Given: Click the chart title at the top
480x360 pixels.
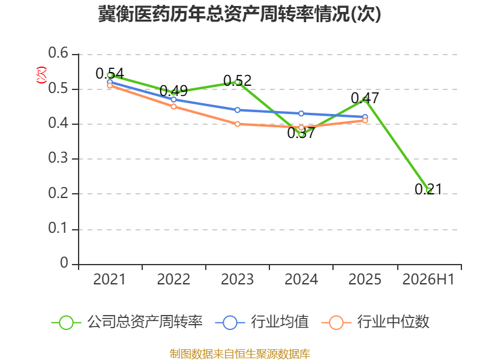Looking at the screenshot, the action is tap(239, 14).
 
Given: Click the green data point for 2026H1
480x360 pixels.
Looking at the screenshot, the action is tap(429, 190).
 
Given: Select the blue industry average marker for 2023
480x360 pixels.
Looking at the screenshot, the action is tap(237, 110).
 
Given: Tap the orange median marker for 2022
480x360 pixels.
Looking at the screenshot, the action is tap(173, 107).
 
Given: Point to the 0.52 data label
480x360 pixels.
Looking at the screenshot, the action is tap(237, 80).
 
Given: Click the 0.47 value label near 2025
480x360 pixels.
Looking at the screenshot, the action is tap(365, 98).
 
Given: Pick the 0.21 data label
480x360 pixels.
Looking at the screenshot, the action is tap(428, 189).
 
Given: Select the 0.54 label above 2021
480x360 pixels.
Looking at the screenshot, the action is tap(110, 73).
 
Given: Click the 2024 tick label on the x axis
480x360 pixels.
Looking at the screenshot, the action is tap(301, 279).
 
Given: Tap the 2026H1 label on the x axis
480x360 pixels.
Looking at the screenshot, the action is tap(428, 279).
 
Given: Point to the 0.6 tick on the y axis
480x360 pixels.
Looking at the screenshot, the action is tap(58, 53).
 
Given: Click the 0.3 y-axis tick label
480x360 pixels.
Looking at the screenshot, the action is tap(58, 158).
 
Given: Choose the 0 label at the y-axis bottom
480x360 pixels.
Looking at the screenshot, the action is tap(64, 263).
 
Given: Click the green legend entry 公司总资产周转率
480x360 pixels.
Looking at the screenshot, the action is tap(127, 322).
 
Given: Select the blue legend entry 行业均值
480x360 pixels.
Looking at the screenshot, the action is tap(262, 322).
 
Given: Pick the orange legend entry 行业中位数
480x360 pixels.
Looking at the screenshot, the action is tap(376, 322).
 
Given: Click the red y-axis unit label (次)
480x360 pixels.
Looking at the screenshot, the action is tap(41, 75).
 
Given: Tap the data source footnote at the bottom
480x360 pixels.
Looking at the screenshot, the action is tap(240, 354).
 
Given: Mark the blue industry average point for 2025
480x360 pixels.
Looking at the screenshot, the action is tap(365, 117).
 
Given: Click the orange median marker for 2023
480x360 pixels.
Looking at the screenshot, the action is tap(237, 124).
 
